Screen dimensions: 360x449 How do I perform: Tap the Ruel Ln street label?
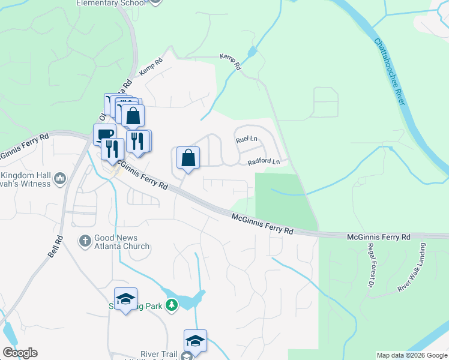(246, 139)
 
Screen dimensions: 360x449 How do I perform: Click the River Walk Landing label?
(411, 268)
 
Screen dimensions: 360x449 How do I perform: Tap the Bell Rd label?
(55, 247)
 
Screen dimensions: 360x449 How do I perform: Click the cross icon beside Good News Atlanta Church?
(85, 241)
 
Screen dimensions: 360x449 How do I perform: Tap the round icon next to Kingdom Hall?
(60, 178)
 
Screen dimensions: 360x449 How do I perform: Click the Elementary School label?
(111, 3)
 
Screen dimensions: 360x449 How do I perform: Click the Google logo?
(19, 353)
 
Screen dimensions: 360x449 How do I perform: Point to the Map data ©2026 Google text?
(412, 355)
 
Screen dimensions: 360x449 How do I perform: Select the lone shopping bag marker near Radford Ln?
(188, 158)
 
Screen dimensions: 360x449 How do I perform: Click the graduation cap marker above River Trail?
(195, 341)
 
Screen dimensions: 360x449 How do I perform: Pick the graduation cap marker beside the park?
(126, 299)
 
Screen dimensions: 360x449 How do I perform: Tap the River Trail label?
(158, 355)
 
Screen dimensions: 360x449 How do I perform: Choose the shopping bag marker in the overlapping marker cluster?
(133, 116)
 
